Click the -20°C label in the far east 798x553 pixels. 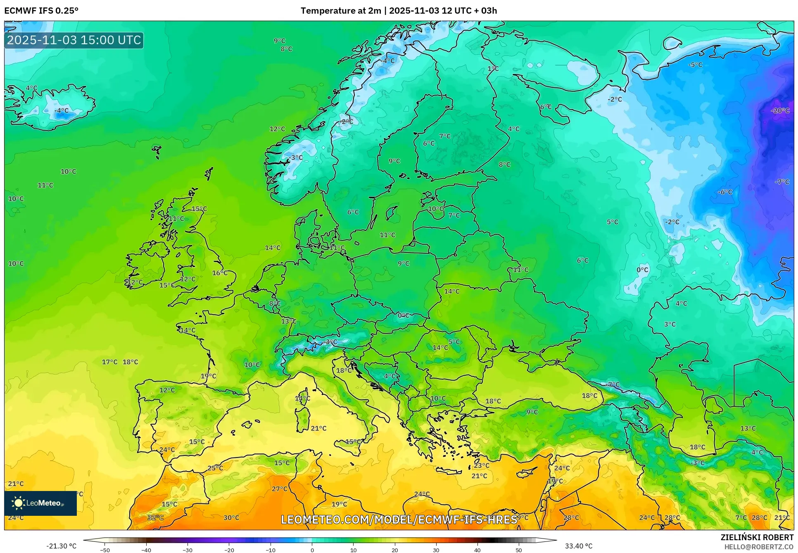[x=780, y=111]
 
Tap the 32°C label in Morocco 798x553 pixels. [x=156, y=517]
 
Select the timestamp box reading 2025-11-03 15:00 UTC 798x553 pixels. [x=74, y=40]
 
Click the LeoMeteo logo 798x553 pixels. [x=40, y=503]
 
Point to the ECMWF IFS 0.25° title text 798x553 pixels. [x=41, y=11]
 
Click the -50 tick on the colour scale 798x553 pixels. [x=105, y=550]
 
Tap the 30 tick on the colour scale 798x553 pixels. [x=436, y=550]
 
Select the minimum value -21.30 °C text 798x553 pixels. [x=61, y=546]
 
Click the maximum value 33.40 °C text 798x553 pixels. [x=579, y=546]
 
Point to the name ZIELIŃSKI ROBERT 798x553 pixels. [x=757, y=537]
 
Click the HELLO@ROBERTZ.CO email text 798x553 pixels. [x=759, y=547]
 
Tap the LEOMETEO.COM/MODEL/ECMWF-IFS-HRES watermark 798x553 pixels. [x=399, y=520]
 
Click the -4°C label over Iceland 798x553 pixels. [x=62, y=111]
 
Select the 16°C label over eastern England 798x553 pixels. [x=220, y=273]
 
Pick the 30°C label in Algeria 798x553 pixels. [x=231, y=517]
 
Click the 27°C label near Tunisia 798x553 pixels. [x=280, y=489]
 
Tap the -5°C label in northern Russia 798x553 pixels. [x=695, y=65]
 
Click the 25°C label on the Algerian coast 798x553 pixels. [x=215, y=468]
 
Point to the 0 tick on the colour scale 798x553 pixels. [x=312, y=550]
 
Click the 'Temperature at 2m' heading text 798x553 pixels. [x=341, y=11]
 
